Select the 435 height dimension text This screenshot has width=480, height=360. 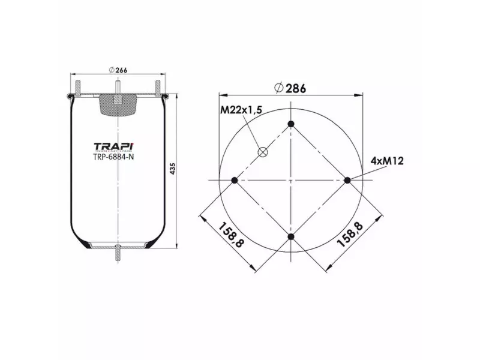point(172,169)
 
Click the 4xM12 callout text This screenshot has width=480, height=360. point(386,161)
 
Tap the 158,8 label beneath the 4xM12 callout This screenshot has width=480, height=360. point(350,235)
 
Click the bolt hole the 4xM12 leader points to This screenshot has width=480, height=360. point(347,180)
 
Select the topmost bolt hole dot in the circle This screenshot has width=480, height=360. point(291,124)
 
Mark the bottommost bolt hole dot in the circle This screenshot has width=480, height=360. point(291,237)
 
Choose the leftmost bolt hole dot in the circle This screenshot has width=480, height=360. point(235,181)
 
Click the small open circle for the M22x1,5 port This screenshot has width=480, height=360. point(262,152)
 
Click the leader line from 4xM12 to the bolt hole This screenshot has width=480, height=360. point(364,172)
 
